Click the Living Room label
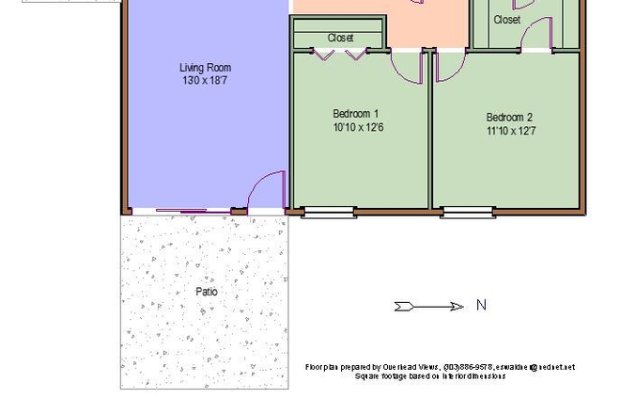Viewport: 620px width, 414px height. pos(205,68)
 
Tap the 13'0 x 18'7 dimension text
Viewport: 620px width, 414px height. pos(205,81)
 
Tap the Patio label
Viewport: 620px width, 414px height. pos(207,292)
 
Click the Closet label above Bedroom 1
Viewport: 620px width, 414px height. pos(341,38)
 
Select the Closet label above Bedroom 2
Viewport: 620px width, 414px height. pos(506,19)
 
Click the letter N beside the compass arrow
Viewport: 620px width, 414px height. pos(482,305)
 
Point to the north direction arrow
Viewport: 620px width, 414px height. pos(429,306)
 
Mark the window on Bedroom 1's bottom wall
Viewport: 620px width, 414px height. pos(329,213)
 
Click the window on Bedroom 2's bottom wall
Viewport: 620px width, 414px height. pos(468,213)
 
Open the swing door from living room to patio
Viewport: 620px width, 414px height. pos(266,192)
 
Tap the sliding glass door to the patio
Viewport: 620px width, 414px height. pos(181,212)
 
